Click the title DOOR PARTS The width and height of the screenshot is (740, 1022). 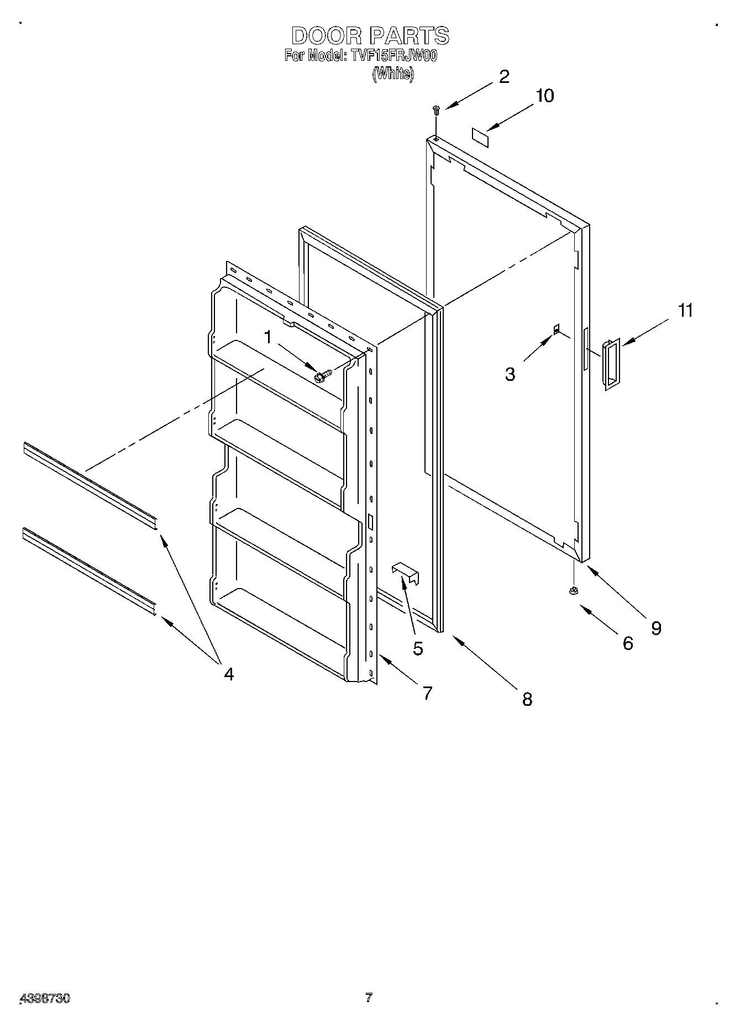pyautogui.click(x=370, y=36)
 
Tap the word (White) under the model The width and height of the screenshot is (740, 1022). pyautogui.click(x=392, y=74)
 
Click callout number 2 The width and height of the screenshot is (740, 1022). pyautogui.click(x=504, y=77)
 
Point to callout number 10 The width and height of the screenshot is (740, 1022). pyautogui.click(x=544, y=96)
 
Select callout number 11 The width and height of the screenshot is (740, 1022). pyautogui.click(x=685, y=311)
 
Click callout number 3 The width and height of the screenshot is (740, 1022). pyautogui.click(x=510, y=374)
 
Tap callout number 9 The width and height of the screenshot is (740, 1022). pyautogui.click(x=656, y=628)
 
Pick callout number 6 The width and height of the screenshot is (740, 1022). pyautogui.click(x=628, y=643)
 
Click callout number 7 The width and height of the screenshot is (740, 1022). pyautogui.click(x=427, y=693)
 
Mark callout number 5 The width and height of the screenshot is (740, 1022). pyautogui.click(x=417, y=648)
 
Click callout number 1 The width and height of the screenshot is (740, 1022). pyautogui.click(x=268, y=337)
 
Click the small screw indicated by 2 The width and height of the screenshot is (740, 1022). pyautogui.click(x=436, y=110)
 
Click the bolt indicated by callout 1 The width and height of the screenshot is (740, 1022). pyautogui.click(x=322, y=376)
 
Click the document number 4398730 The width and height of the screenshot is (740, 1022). pyautogui.click(x=45, y=998)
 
